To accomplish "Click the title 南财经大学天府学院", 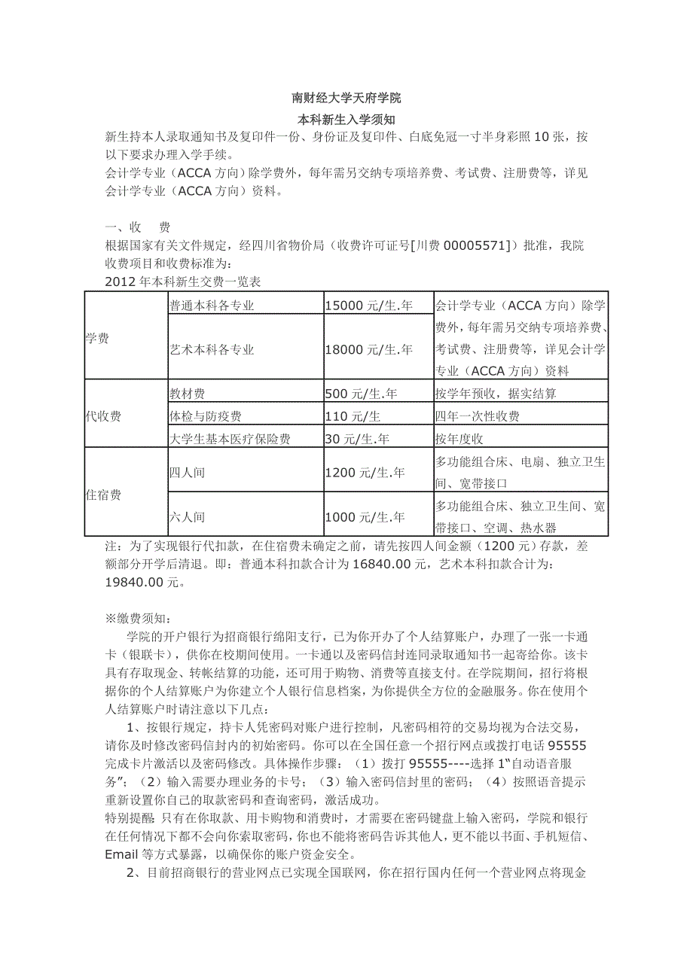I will coord(346,99).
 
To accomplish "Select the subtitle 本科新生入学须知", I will coord(346,119).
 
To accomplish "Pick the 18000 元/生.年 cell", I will coord(368,349).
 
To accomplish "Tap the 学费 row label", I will coord(97,339).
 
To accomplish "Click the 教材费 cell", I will coord(187,394).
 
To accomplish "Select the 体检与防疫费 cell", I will coord(206,416).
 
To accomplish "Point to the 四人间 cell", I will coord(187,473).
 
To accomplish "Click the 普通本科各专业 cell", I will coord(212,306).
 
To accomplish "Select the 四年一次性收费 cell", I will coord(477,416).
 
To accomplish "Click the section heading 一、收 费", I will coord(138,227).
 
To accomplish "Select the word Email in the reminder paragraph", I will coord(122,854).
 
